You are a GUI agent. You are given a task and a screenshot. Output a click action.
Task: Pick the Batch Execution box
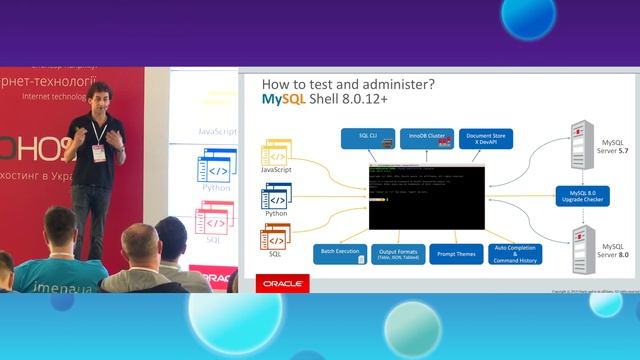(x=340, y=253)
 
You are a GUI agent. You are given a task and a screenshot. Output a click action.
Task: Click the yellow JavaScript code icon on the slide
(x=276, y=154)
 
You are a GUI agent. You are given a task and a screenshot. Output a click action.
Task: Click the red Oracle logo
(x=282, y=284)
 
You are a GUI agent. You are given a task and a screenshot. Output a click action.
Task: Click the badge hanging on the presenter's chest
(x=100, y=152)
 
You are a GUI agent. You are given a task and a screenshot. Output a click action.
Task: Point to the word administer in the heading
(x=379, y=83)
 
